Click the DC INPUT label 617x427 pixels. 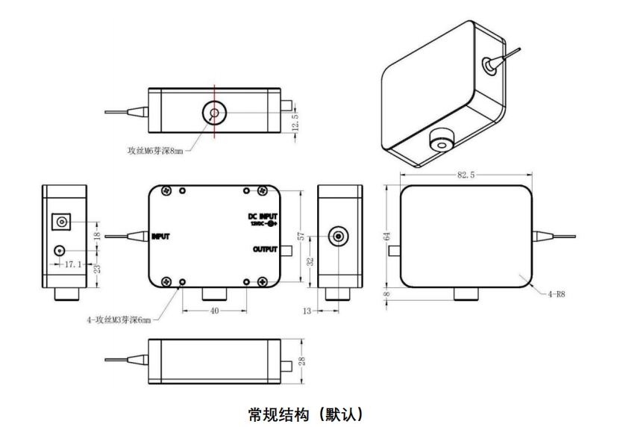coord(262,216)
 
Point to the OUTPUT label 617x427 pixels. coord(265,249)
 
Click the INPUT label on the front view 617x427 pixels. coord(161,237)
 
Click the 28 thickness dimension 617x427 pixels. coord(300,361)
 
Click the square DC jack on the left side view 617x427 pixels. coord(60,222)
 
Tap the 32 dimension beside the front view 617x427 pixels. coord(311,261)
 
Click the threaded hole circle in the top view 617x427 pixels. coord(214,114)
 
